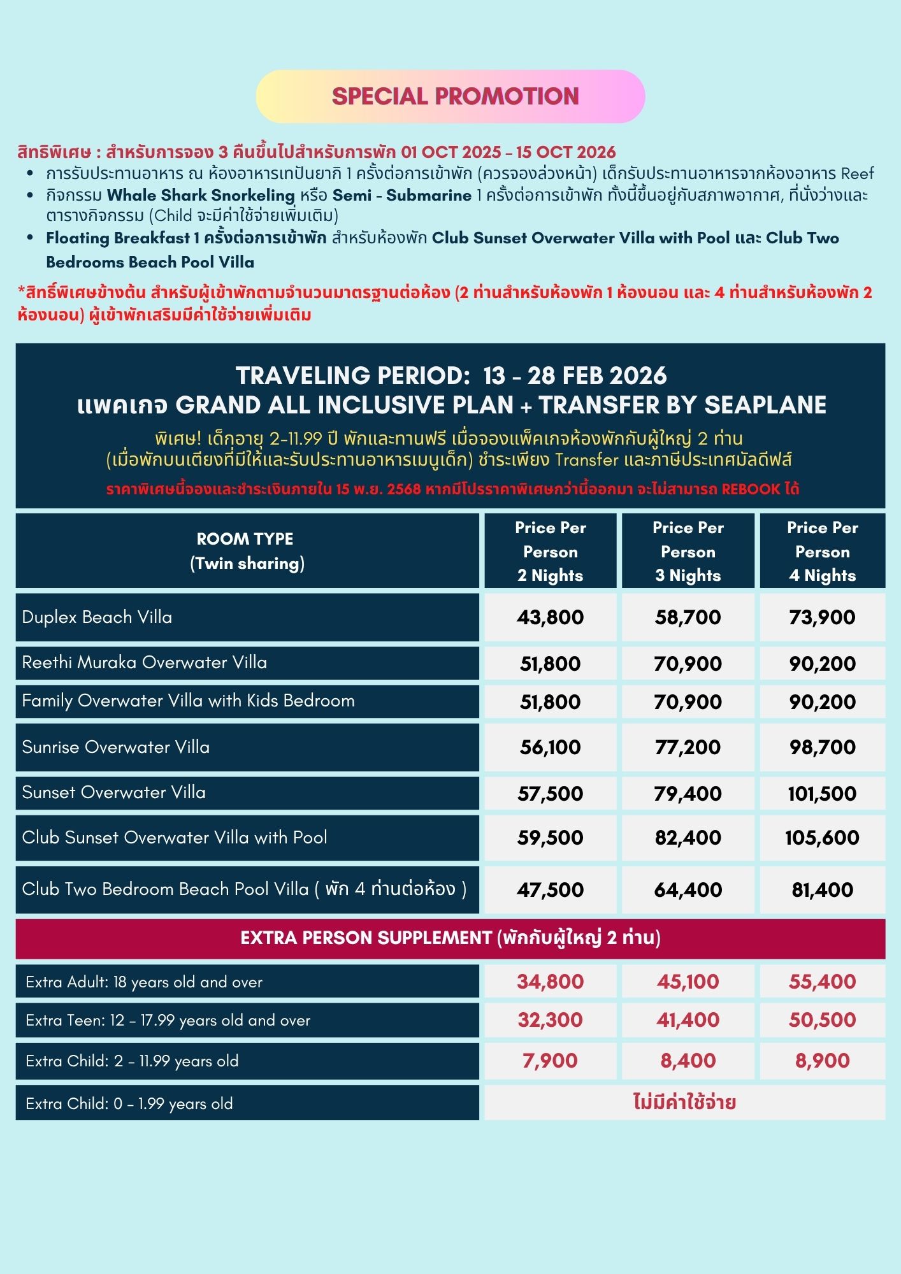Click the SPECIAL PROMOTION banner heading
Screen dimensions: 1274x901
pyautogui.click(x=455, y=96)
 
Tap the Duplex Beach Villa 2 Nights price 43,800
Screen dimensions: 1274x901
pyautogui.click(x=550, y=617)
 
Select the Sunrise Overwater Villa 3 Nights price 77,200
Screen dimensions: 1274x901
pyautogui.click(x=688, y=747)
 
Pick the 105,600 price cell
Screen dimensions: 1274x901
pyautogui.click(x=822, y=838)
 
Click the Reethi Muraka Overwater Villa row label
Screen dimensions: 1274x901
pyautogui.click(x=144, y=662)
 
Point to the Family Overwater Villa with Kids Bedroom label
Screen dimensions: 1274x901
pyautogui.click(x=188, y=701)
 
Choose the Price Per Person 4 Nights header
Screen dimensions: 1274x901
pyautogui.click(x=822, y=551)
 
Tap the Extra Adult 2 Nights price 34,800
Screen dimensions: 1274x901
pyautogui.click(x=550, y=982)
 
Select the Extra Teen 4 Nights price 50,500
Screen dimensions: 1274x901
pyautogui.click(x=822, y=1020)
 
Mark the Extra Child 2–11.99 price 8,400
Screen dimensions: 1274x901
pyautogui.click(x=688, y=1061)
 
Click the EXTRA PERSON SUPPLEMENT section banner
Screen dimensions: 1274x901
pyautogui.click(x=450, y=938)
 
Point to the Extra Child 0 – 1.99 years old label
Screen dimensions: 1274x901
pyautogui.click(x=129, y=1104)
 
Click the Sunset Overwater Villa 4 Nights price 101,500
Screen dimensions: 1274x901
pyautogui.click(x=822, y=794)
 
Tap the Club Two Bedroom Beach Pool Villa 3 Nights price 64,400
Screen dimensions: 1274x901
pyautogui.click(x=688, y=890)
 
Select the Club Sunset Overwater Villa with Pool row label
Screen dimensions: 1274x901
pyautogui.click(x=174, y=838)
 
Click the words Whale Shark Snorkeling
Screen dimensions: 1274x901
pyautogui.click(x=201, y=195)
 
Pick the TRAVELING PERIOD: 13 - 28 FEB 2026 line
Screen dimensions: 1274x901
pyautogui.click(x=450, y=376)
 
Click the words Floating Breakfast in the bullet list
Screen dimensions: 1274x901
pyautogui.click(x=118, y=238)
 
